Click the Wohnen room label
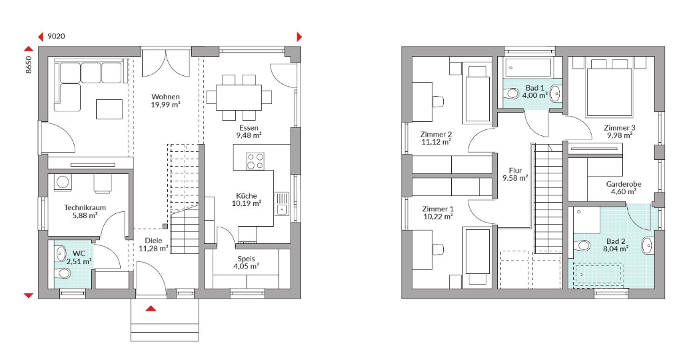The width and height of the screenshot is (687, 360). (166, 97)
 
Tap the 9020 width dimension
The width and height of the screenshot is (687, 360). (56, 37)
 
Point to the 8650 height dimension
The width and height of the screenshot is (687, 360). (29, 64)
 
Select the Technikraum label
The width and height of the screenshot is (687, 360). (85, 207)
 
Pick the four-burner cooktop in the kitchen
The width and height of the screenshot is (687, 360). (255, 161)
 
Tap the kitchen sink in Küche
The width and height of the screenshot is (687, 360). (281, 204)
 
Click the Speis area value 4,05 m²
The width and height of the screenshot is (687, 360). (247, 266)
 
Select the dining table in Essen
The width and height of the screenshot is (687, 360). (239, 97)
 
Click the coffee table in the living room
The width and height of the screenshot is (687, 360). (109, 109)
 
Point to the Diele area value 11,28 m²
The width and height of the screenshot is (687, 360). (154, 248)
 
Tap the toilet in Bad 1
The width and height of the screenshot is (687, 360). (511, 93)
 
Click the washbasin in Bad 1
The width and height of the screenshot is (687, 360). (555, 93)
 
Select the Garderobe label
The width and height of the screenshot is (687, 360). (624, 184)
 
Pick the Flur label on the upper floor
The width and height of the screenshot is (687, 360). (515, 170)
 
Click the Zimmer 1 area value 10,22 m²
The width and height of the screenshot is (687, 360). (437, 216)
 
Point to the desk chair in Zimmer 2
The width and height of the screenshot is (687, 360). (438, 101)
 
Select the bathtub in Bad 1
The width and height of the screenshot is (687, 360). (530, 68)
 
